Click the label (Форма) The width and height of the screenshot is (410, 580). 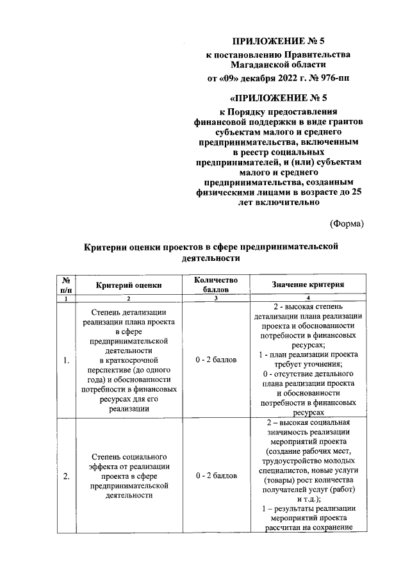tap(347, 224)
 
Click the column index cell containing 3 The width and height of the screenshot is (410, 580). tap(217, 299)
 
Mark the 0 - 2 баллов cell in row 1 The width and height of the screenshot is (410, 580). tap(217, 360)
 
